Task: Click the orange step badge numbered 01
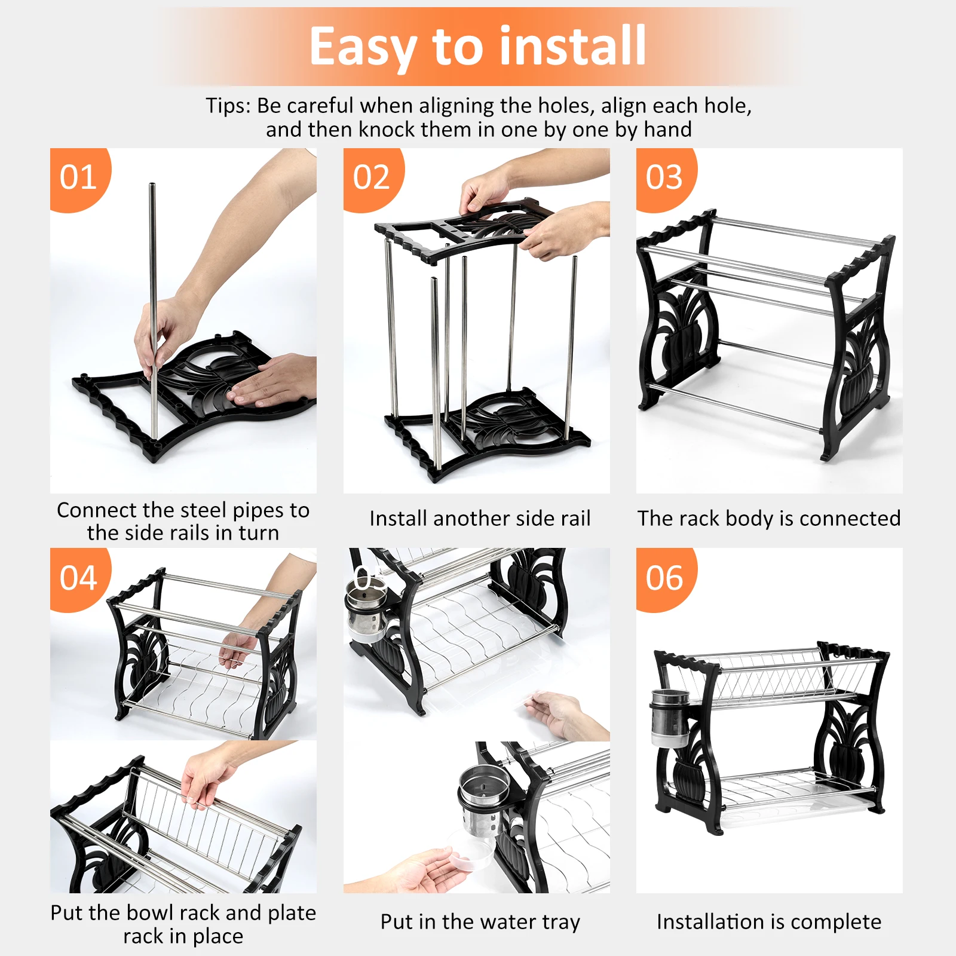click(x=79, y=178)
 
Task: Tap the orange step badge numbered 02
click(x=372, y=178)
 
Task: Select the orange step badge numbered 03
click(x=665, y=178)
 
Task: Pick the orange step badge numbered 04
click(x=79, y=578)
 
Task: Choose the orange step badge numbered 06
click(x=665, y=578)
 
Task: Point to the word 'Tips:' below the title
click(x=229, y=106)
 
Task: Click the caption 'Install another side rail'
click(x=480, y=518)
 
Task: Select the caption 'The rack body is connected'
click(x=769, y=519)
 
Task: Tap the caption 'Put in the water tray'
click(x=480, y=922)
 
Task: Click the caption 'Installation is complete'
click(x=769, y=922)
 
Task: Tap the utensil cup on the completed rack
click(x=670, y=719)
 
